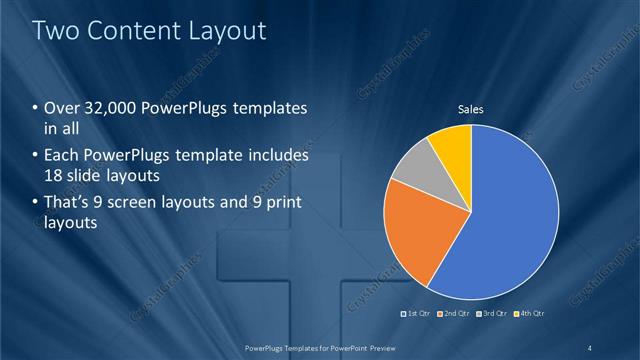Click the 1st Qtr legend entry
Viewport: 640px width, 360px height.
click(418, 313)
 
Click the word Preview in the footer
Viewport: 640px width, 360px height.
click(377, 347)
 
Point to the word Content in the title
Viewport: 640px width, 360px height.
click(131, 30)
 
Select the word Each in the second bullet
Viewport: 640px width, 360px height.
click(62, 156)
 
